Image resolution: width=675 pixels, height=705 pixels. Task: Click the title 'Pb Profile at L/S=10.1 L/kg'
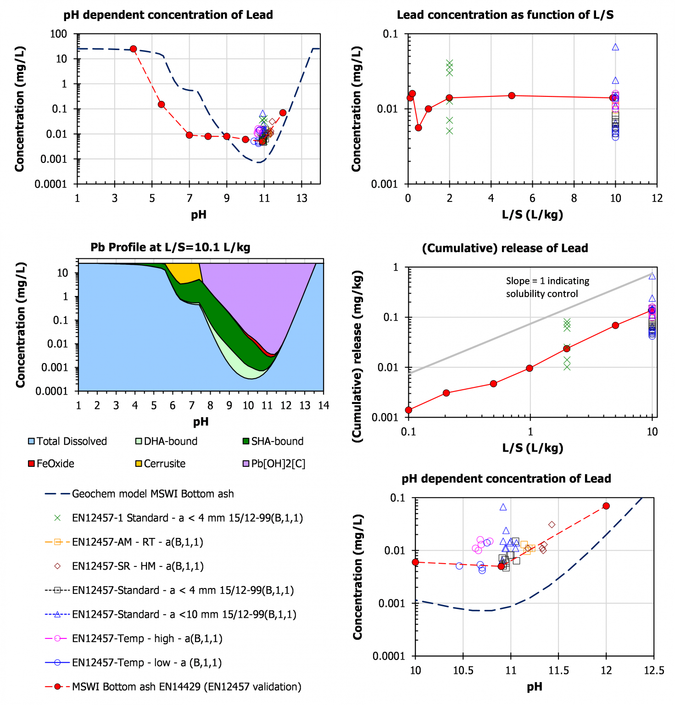(x=170, y=247)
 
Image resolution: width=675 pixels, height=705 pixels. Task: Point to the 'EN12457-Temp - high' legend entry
(x=147, y=638)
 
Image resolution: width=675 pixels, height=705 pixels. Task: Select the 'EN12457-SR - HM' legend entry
(x=138, y=566)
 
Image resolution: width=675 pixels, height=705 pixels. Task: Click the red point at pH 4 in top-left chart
(x=134, y=49)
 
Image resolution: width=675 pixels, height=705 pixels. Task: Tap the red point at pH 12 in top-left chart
(x=283, y=112)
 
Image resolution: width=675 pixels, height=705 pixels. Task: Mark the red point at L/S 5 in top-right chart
(x=512, y=95)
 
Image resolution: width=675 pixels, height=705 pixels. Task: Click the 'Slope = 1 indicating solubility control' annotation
(x=547, y=287)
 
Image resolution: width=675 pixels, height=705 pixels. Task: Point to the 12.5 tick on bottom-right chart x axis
(x=654, y=671)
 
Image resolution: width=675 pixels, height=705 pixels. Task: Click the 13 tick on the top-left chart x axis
(x=301, y=198)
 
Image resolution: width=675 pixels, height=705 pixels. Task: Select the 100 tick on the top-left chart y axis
(x=59, y=34)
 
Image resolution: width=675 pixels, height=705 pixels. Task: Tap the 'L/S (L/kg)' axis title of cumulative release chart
(x=532, y=448)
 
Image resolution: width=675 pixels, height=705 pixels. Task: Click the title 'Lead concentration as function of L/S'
(x=505, y=15)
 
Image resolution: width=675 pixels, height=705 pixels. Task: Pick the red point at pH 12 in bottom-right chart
(x=606, y=506)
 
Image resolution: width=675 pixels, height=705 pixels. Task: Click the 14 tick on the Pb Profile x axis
(x=324, y=405)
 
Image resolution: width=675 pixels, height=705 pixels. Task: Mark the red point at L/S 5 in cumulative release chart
(x=615, y=325)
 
